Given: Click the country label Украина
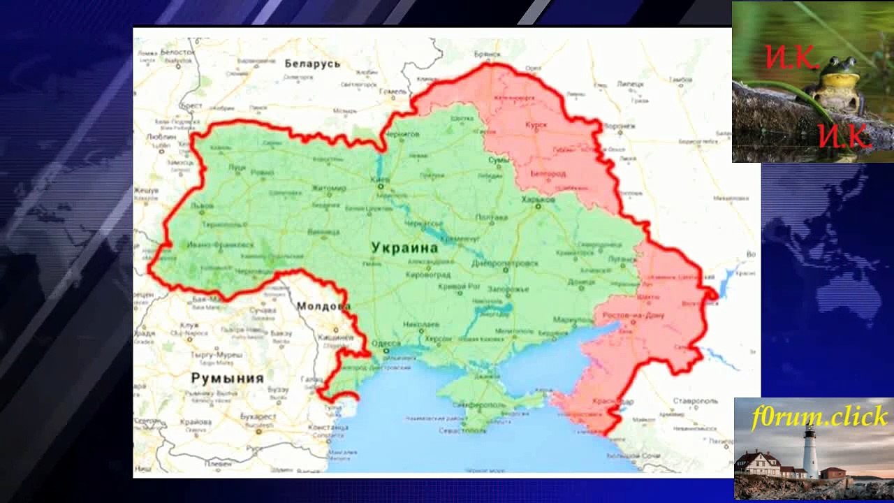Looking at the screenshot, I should pos(405,248).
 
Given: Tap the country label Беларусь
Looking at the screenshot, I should pos(312,64).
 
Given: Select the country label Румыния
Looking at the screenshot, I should pos(227,378).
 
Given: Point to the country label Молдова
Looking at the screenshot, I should pos(323,306).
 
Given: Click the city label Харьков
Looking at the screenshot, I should pos(538,200).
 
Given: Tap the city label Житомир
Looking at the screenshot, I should pos(328,189).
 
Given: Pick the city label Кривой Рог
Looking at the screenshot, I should pos(459,286).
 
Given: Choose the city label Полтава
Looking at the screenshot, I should pos(491,217).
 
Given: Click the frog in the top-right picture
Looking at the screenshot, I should pos(840,81).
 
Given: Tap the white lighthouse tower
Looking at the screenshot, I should pos(810,452).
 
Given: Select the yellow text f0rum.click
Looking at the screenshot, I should pos(819,418).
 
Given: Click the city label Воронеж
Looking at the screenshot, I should pos(619,126).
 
